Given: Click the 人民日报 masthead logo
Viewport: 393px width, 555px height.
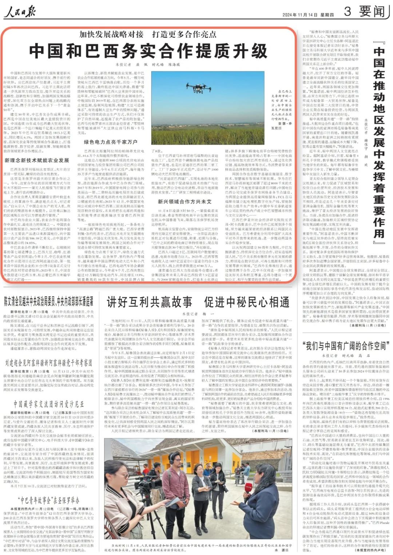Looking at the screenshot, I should coord(20,12).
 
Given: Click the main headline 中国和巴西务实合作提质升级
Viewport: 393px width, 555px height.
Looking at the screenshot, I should coord(148,51).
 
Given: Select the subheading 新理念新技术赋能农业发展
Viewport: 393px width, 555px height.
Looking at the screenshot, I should coord(37,160).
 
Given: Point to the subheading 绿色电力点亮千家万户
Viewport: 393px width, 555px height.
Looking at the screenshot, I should coord(111,142).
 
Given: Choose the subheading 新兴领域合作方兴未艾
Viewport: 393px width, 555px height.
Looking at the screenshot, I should coord(184,201).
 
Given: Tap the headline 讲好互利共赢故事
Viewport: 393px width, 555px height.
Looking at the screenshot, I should coord(149,302).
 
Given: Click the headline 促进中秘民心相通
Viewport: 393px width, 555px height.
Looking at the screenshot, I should coord(247,302).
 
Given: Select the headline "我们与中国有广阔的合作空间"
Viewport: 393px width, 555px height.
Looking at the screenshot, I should coord(345,345).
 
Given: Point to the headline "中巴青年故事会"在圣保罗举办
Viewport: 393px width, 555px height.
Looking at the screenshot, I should coord(49,500).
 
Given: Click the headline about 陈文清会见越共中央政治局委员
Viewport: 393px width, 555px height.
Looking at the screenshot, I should coord(49,301).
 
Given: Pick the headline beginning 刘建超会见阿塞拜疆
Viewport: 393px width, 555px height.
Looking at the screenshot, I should coord(49,363).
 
